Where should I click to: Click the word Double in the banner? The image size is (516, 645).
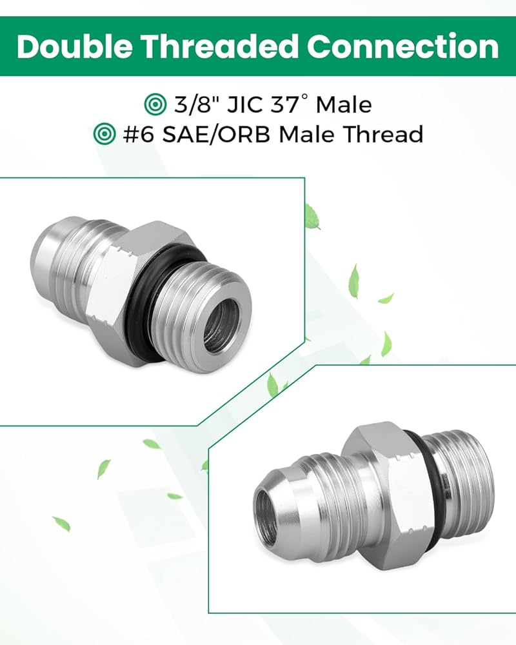click(74, 46)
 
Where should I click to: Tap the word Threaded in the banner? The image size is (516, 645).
click(220, 46)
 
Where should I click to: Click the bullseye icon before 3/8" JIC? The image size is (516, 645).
click(155, 104)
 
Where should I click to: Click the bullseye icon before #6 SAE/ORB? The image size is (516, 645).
click(104, 134)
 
